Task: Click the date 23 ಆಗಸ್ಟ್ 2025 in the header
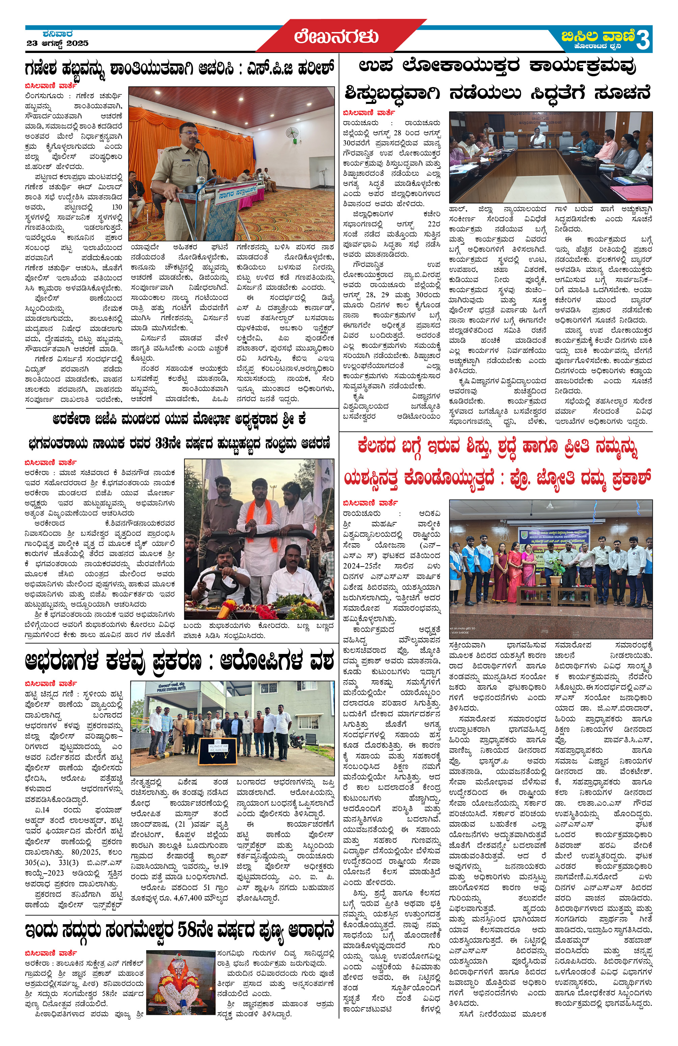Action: coord(57,43)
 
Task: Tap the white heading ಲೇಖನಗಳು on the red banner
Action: coord(336,36)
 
